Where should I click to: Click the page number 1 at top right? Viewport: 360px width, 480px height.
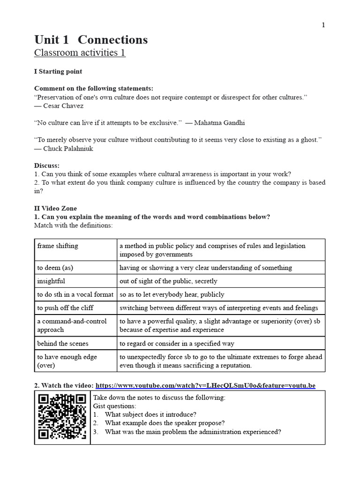pos(323,25)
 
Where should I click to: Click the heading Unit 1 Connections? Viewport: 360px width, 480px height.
pos(91,40)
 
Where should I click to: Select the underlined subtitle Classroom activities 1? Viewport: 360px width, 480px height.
pos(80,52)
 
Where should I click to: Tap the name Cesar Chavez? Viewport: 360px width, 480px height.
pos(63,106)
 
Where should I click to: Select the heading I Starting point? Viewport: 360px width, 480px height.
pos(58,72)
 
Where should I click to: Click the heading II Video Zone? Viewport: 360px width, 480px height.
pos(55,208)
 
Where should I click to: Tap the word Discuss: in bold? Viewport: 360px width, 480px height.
pos(47,165)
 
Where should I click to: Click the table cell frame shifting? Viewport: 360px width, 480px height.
pos(58,246)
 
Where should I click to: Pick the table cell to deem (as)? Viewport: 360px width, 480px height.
pos(55,268)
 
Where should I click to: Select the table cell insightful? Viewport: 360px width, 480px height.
pos(51,281)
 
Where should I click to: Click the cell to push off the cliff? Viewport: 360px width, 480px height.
pos(65,308)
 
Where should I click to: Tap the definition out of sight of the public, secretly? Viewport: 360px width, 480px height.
pos(168,281)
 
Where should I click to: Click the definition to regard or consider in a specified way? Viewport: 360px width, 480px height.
pos(177,344)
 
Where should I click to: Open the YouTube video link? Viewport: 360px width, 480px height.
pos(205,386)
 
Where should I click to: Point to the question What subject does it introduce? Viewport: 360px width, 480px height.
pos(150,414)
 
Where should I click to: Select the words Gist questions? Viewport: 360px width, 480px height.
pos(115,406)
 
